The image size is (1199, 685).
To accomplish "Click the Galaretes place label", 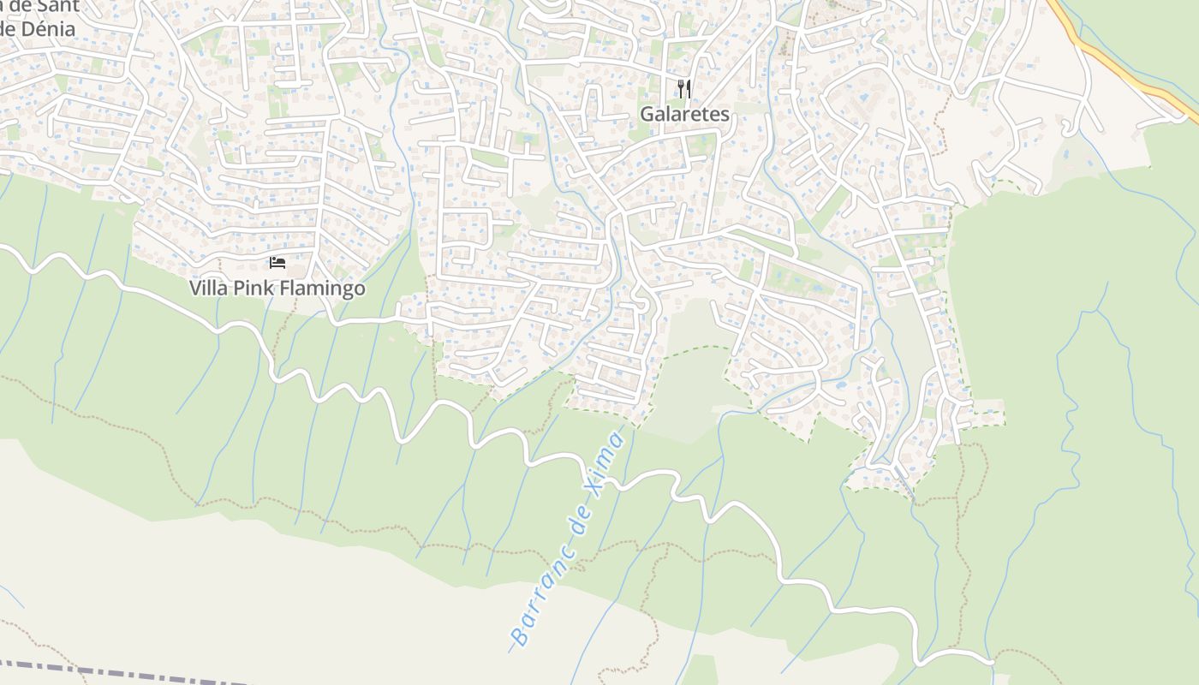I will click(685, 114).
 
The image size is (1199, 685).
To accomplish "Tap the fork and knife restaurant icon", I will click(684, 88).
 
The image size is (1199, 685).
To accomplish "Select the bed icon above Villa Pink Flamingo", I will click(277, 262).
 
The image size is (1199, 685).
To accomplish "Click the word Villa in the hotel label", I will click(207, 288).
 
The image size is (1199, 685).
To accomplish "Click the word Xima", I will click(609, 457).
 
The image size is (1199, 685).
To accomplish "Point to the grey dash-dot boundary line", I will click(128, 672).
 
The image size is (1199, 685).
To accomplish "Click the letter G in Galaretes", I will click(647, 114).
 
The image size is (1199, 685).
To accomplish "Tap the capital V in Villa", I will click(195, 288).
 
